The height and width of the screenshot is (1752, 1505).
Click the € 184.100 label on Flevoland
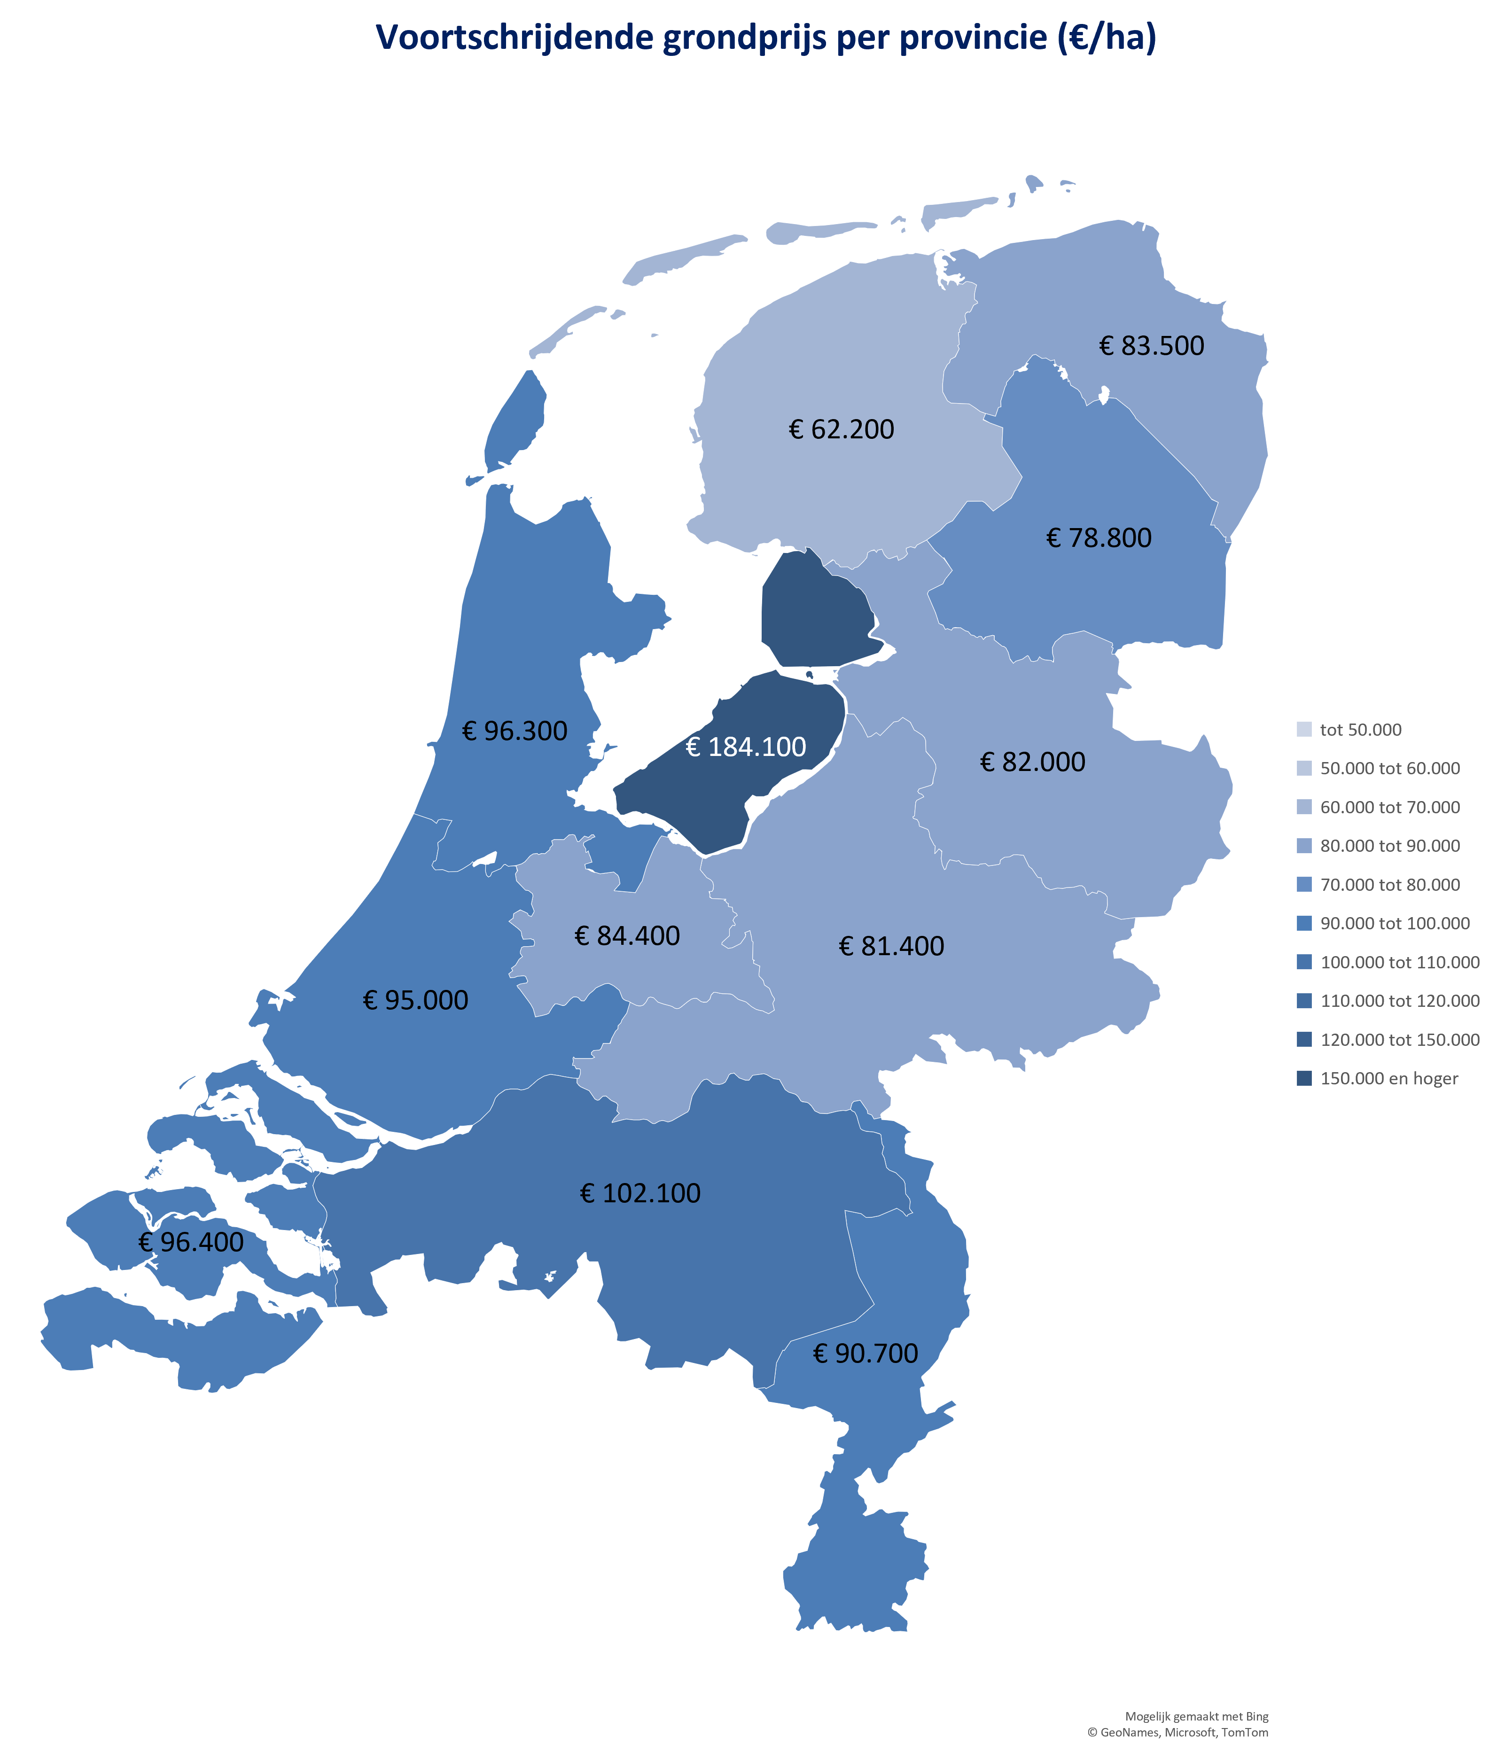[x=746, y=747]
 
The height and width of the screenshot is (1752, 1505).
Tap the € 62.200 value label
[x=841, y=429]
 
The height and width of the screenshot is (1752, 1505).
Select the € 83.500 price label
[x=1152, y=346]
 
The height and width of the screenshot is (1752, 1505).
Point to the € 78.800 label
[x=1099, y=538]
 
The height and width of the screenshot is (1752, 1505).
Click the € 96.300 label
[x=515, y=731]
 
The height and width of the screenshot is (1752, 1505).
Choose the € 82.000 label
[x=1032, y=762]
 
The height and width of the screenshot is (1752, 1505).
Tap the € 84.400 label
[x=627, y=936]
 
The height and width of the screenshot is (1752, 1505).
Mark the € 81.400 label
[x=891, y=946]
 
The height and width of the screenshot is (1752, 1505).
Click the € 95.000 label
[x=415, y=1000]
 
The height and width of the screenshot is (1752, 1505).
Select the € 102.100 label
[x=640, y=1193]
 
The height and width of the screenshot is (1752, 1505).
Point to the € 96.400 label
[x=191, y=1242]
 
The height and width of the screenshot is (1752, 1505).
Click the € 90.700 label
[x=865, y=1354]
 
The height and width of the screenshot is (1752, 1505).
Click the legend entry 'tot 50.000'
[x=1360, y=730]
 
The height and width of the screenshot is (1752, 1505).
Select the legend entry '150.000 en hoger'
[x=1388, y=1078]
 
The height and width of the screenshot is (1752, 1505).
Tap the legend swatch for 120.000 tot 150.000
[x=1304, y=1039]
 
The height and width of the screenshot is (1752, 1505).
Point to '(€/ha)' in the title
[x=1107, y=38]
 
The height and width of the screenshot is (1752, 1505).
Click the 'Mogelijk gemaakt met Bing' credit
[x=1196, y=1716]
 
